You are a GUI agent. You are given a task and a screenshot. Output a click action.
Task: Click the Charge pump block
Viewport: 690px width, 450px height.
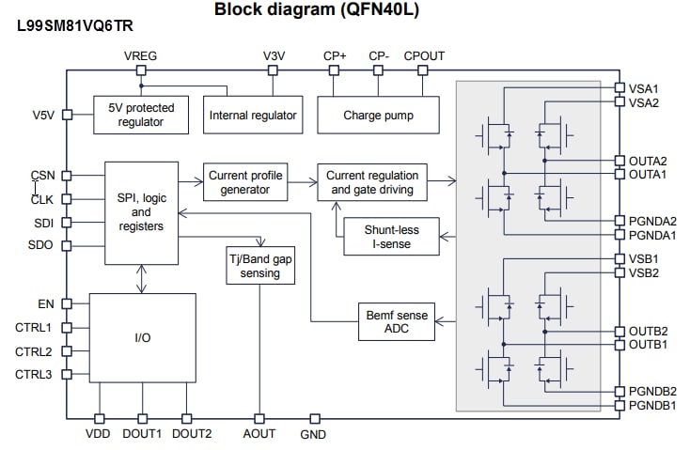tap(378, 116)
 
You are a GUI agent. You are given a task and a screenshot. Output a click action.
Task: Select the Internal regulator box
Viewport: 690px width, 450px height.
tap(252, 116)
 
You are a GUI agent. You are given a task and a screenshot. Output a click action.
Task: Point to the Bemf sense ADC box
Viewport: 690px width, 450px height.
tap(396, 322)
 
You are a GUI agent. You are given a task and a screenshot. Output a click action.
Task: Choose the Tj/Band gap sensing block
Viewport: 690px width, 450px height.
tap(259, 267)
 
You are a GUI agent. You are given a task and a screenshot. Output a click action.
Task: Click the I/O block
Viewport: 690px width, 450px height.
tap(142, 337)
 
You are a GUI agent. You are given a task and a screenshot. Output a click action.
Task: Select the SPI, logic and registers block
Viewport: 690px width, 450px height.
tap(142, 212)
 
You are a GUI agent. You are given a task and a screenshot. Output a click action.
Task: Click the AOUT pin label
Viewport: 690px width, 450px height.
tap(259, 434)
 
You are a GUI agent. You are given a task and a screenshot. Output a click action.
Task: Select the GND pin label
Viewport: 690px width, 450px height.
tap(312, 434)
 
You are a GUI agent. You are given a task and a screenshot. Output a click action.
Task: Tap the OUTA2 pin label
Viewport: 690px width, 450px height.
tap(648, 161)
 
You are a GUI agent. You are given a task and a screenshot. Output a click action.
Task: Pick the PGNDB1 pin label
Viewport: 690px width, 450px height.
tap(651, 405)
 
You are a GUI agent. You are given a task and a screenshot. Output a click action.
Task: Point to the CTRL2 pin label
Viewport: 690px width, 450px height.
tap(34, 351)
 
